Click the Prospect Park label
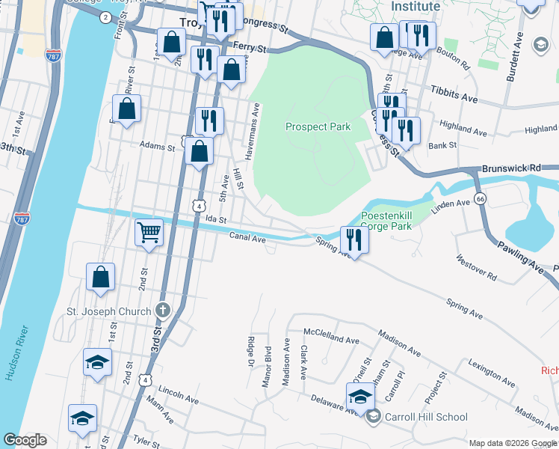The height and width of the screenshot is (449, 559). point(318,127)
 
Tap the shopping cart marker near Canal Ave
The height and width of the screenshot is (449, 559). point(149,233)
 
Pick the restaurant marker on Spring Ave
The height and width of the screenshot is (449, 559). point(353,239)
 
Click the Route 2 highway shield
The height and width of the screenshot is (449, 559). point(105,16)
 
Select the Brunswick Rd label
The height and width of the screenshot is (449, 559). point(510,170)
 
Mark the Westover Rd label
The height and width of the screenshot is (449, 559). point(476,266)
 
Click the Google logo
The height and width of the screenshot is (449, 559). point(25,440)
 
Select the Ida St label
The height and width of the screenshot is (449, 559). point(216,219)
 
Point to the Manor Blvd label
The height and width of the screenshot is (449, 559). point(266,370)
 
